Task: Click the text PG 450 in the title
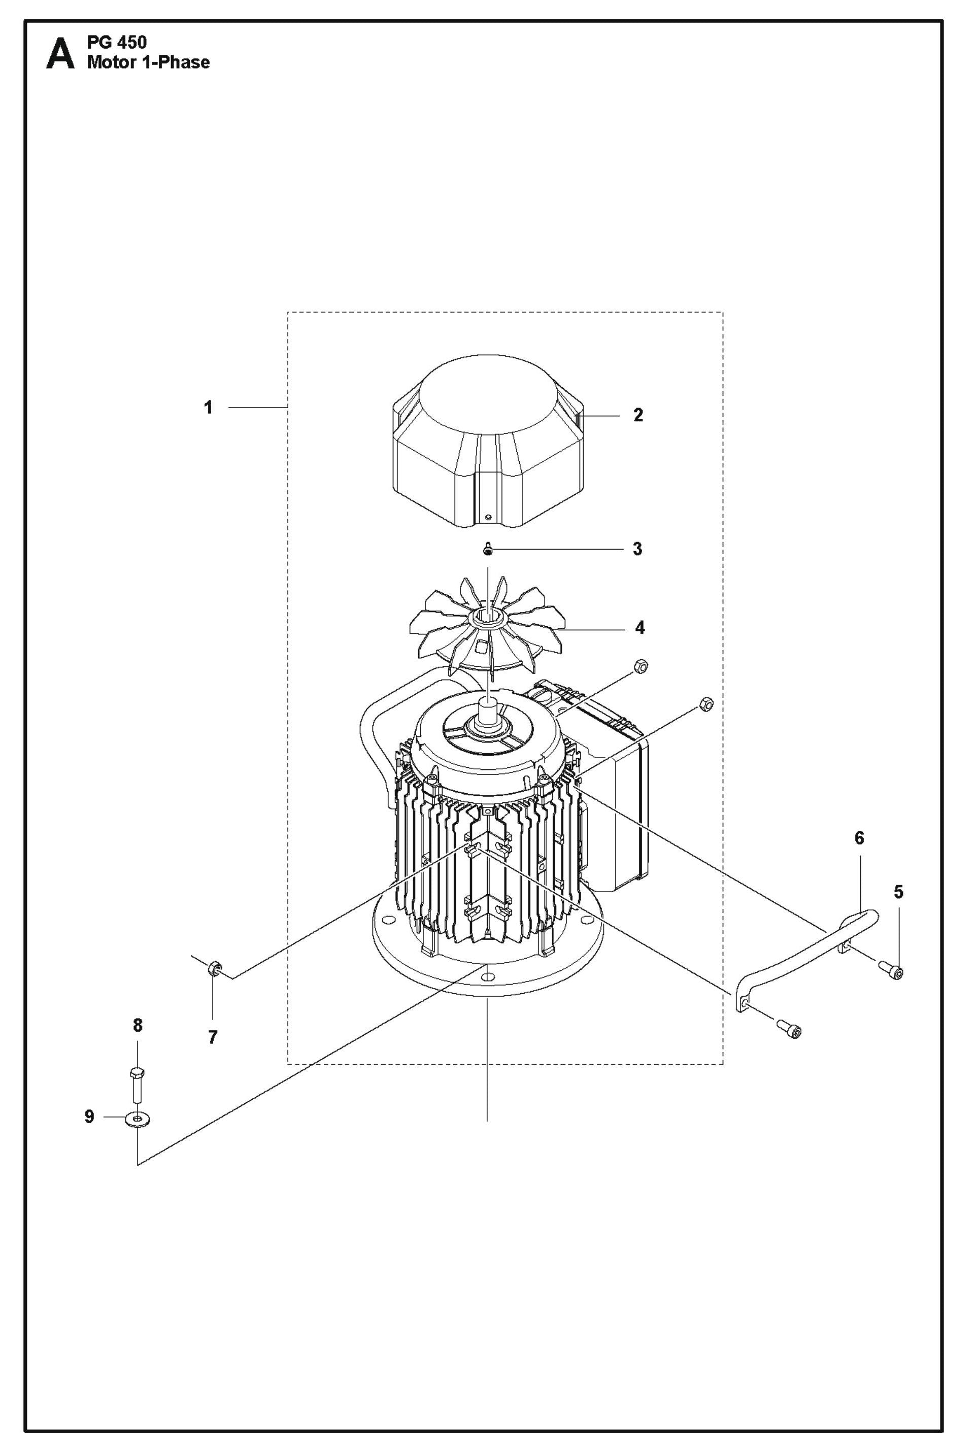click(x=117, y=43)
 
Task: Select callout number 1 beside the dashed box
click(x=209, y=408)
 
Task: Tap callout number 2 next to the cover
click(x=638, y=416)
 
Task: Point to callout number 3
click(x=637, y=549)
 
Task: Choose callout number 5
click(x=898, y=892)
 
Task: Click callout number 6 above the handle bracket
click(x=859, y=838)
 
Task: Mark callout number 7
click(x=213, y=1037)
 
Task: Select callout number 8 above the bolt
click(x=137, y=1025)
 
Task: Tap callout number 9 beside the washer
click(x=89, y=1117)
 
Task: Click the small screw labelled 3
click(x=488, y=550)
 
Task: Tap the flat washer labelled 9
click(x=137, y=1119)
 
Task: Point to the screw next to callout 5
click(x=891, y=970)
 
